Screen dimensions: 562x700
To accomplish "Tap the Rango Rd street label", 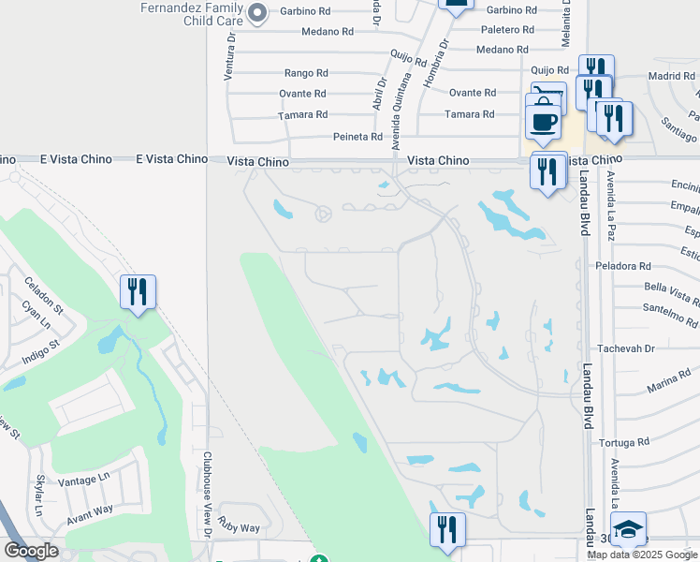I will (306, 72).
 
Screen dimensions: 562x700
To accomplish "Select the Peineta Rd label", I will (358, 137).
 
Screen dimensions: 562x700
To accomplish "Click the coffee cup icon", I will (543, 121).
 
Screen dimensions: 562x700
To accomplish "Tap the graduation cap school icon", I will (628, 530).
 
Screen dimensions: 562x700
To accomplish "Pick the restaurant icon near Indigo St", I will (138, 292).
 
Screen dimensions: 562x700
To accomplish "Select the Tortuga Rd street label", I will (626, 442).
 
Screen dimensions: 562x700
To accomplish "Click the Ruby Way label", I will (239, 527).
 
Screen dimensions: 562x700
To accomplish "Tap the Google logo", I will (31, 551).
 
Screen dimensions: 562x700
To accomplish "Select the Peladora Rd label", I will (623, 266).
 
